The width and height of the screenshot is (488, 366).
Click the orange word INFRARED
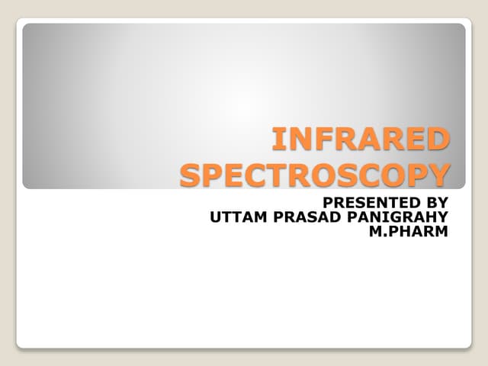[361, 141]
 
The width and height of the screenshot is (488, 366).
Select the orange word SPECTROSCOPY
[314, 175]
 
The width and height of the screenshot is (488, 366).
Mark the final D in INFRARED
[436, 141]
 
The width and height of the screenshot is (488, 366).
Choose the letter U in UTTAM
[213, 217]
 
